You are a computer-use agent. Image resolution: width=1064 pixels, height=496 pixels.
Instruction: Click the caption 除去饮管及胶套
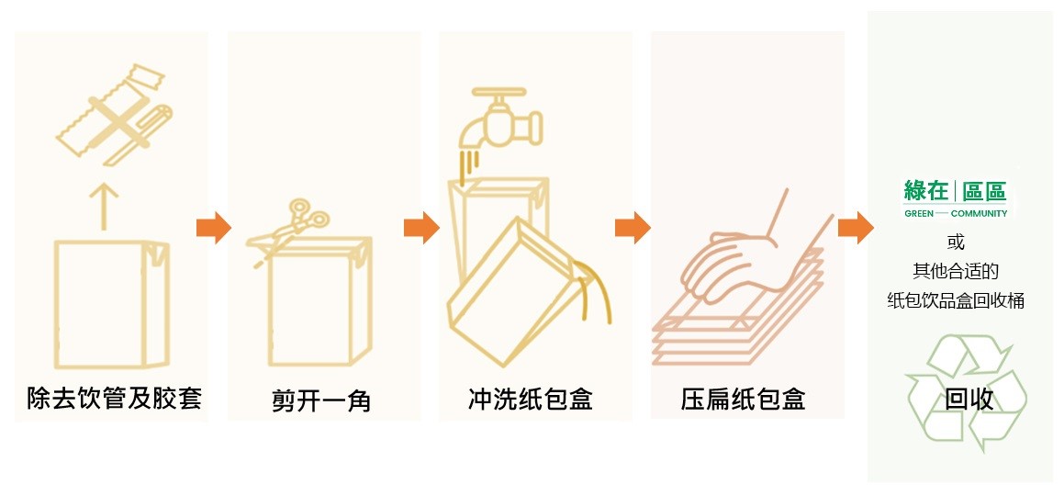[x=114, y=400]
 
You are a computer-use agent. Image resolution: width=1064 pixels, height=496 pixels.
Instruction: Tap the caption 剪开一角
[x=322, y=400]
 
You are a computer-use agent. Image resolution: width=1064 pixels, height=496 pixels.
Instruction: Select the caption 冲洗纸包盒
[x=531, y=399]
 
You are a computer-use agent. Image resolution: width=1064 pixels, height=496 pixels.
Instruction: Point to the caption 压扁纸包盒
[x=744, y=400]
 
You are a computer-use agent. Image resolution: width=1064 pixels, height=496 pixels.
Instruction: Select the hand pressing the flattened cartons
[x=734, y=262]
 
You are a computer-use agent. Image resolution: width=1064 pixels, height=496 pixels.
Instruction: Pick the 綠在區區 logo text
[x=955, y=191]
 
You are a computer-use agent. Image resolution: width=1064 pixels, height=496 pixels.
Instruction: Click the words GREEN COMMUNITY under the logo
[x=955, y=213]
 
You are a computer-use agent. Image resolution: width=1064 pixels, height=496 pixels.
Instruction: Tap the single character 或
[x=956, y=242]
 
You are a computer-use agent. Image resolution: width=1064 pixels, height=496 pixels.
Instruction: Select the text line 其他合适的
[x=956, y=271]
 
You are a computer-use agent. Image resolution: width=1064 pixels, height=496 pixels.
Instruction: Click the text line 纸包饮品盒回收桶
[x=956, y=299]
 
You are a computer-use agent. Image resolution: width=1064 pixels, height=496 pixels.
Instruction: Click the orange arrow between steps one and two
[x=214, y=228]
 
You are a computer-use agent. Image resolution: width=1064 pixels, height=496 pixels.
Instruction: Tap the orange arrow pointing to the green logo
[x=854, y=228]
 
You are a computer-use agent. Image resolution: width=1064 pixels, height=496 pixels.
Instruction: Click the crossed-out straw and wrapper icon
[x=112, y=118]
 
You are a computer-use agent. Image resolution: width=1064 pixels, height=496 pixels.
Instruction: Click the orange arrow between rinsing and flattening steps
[x=632, y=228]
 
